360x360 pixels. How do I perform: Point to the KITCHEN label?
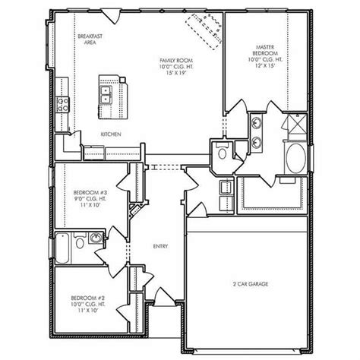coord(111,134)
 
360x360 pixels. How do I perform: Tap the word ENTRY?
coord(160,245)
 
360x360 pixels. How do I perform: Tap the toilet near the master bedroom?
coord(222,152)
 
